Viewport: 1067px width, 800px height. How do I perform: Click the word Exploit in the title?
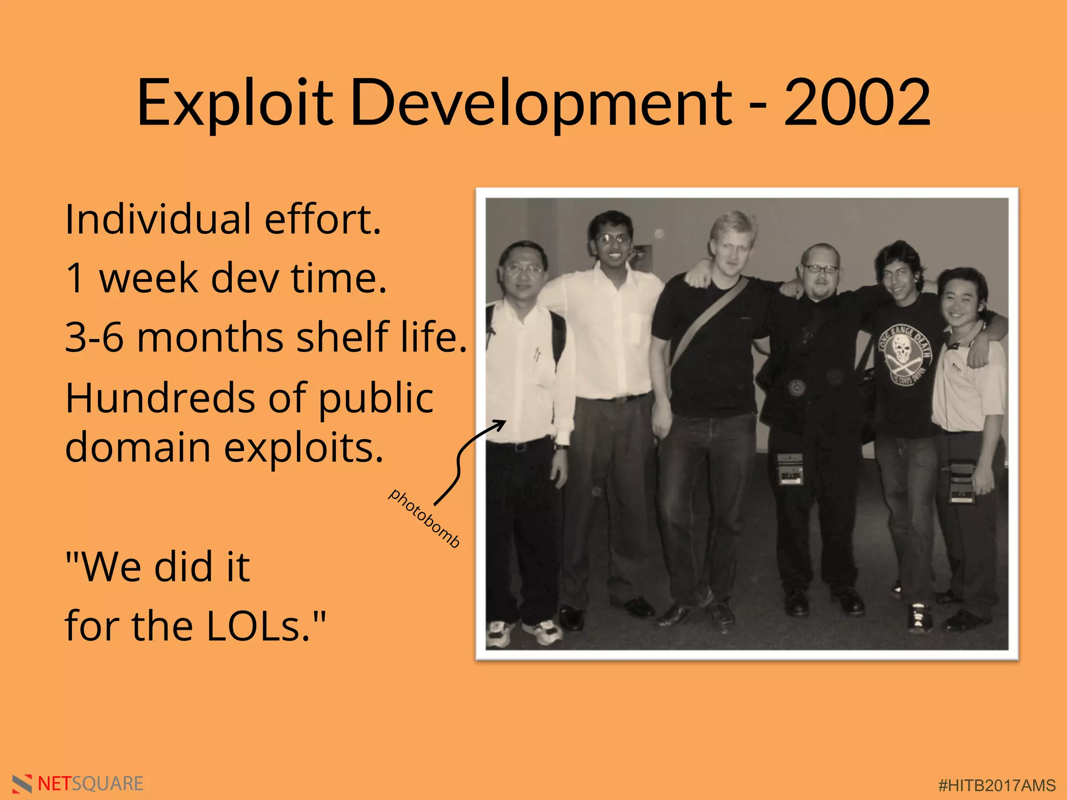point(234,103)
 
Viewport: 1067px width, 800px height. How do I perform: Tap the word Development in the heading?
point(542,103)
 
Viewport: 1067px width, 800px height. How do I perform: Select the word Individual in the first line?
point(158,219)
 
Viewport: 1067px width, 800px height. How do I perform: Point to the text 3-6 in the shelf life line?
point(94,337)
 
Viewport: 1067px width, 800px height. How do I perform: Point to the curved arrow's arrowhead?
point(501,424)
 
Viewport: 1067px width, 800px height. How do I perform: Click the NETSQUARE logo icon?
point(22,784)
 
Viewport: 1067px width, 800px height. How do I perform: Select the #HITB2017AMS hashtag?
point(997,785)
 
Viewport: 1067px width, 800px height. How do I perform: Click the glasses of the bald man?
point(820,269)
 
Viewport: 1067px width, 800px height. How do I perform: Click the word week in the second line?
point(148,278)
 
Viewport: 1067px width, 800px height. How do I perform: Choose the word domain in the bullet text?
point(138,448)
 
